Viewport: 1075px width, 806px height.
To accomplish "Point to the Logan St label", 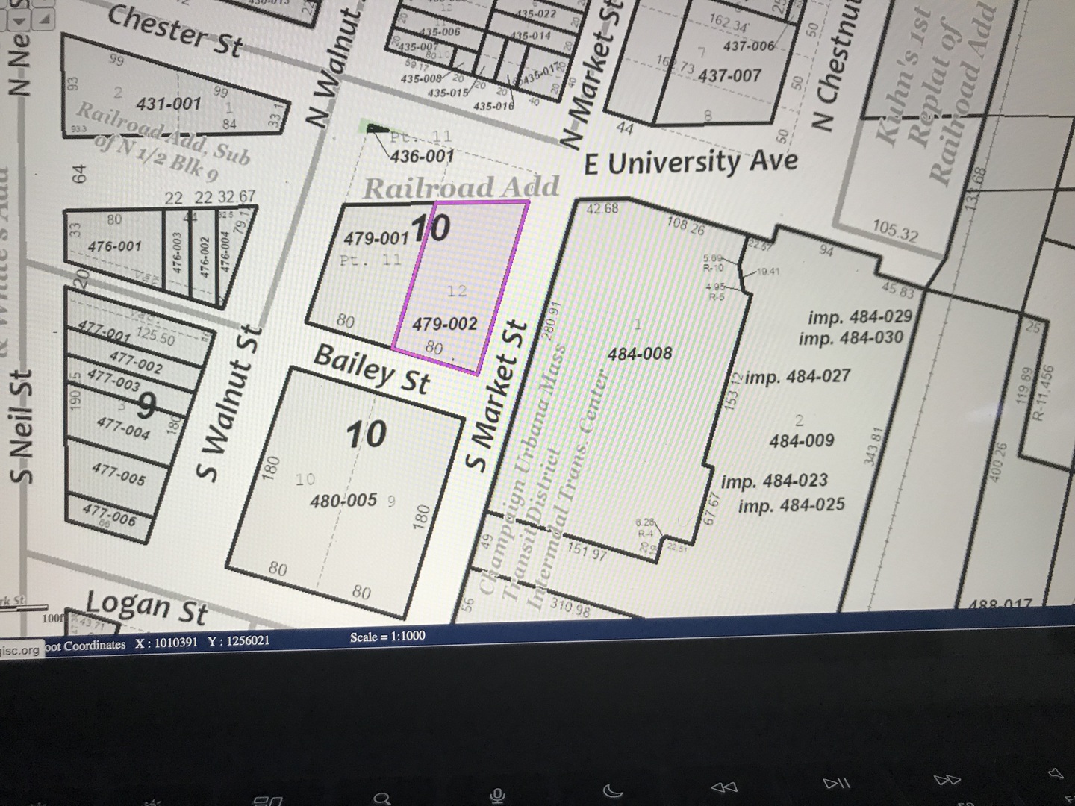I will click(x=146, y=606).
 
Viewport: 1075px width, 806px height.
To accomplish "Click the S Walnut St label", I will click(x=228, y=404).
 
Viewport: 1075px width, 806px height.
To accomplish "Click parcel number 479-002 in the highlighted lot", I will click(x=444, y=324).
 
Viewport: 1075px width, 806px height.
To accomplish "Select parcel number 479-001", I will click(x=376, y=239).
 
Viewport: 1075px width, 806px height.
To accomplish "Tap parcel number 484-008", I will click(x=640, y=354).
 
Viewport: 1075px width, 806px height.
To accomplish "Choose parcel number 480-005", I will click(x=343, y=500).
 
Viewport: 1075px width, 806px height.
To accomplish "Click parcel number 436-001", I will click(x=422, y=157).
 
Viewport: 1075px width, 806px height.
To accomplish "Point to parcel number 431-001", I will click(x=169, y=104).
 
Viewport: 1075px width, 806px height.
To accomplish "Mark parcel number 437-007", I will click(x=730, y=75).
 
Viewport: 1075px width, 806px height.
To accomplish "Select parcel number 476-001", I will click(x=113, y=246).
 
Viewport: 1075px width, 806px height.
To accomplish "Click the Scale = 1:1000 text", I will click(x=387, y=637).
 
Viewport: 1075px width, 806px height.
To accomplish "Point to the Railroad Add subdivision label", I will click(x=461, y=187).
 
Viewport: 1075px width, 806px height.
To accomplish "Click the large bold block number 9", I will click(x=146, y=407).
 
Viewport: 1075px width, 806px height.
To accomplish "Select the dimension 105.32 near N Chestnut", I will click(x=895, y=231).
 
